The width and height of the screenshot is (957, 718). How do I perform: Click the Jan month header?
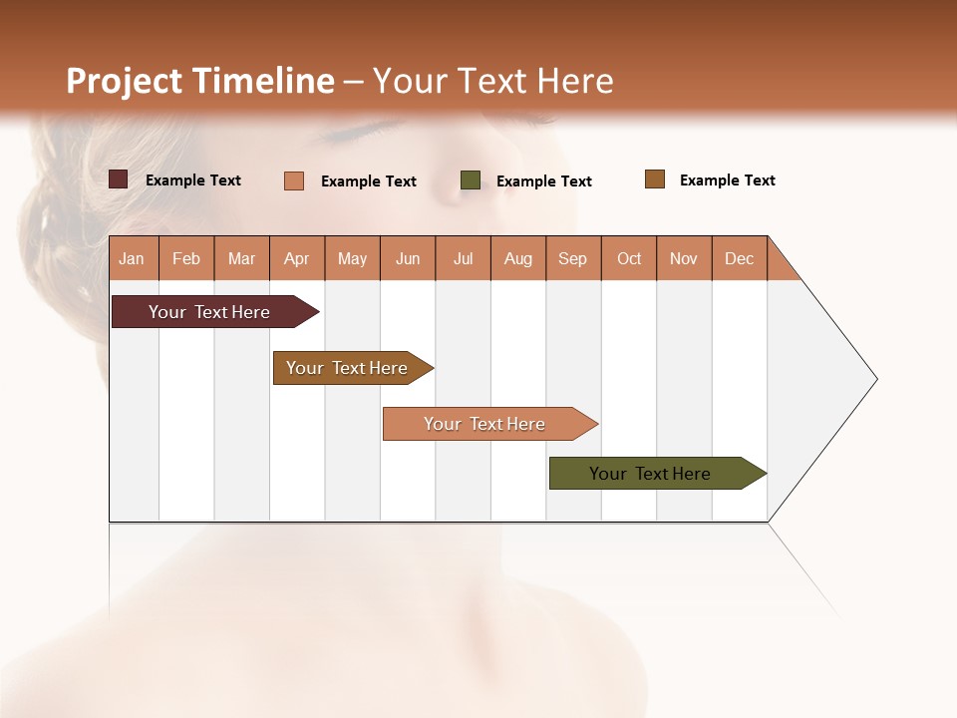pos(133,258)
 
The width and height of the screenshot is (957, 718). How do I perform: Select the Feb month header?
pos(186,258)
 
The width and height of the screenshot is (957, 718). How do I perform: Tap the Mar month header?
pos(241,258)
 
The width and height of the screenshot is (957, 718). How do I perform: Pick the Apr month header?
pos(297,258)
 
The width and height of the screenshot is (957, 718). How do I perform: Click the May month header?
pos(352,258)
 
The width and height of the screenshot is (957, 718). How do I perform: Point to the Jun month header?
pos(408,258)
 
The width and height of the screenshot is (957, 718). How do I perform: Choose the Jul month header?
pos(463,258)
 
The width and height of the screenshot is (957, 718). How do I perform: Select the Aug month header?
pos(518,258)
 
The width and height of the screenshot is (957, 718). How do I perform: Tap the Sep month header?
pos(573,258)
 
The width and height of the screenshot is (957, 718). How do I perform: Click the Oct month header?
pos(629,258)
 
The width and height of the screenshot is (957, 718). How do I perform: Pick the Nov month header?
pos(684,258)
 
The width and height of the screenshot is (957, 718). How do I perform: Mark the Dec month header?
pos(740,258)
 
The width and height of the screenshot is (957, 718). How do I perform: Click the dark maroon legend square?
pos(118,179)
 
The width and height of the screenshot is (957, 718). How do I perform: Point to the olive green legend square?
pos(471,180)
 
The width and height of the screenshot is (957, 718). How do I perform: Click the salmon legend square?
pos(294,180)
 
